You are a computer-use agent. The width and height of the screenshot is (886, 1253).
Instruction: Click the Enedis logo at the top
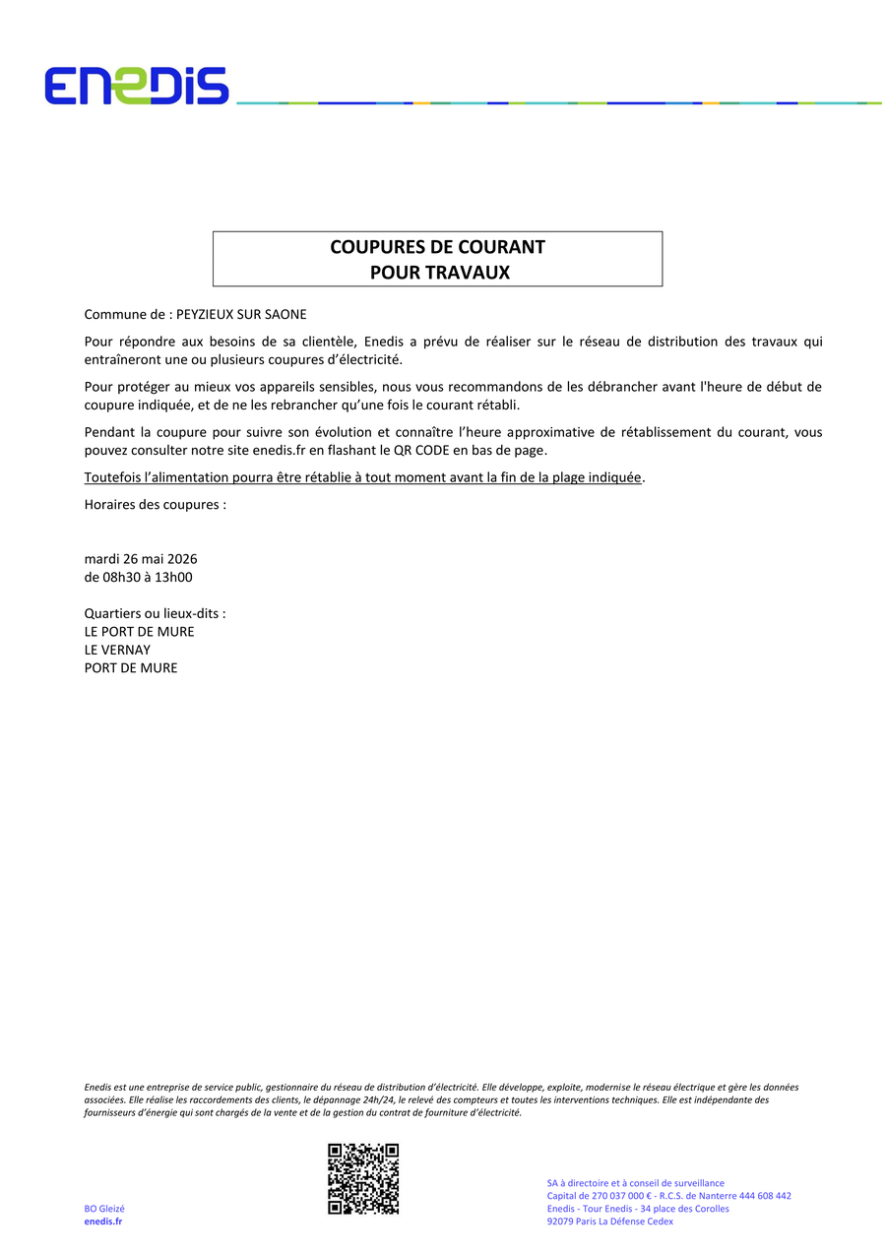(x=136, y=87)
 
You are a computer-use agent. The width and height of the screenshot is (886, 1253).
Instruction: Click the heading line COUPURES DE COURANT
(x=437, y=247)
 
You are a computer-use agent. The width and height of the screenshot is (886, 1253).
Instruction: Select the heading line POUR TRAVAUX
(x=439, y=273)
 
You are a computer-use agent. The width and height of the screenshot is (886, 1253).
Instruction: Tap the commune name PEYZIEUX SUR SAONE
(x=241, y=315)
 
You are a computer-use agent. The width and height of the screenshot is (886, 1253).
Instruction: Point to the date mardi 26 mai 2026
(x=141, y=559)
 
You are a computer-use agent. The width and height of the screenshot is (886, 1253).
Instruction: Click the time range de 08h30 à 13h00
(x=138, y=578)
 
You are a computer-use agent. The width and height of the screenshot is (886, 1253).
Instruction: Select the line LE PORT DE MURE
(x=139, y=632)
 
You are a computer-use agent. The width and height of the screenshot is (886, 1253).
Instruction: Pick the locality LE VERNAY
(x=117, y=650)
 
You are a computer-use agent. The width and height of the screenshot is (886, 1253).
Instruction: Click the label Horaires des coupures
(x=155, y=505)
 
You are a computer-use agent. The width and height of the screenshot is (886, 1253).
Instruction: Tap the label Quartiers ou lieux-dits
(x=155, y=613)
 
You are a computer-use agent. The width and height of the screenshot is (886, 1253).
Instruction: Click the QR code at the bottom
(x=363, y=1178)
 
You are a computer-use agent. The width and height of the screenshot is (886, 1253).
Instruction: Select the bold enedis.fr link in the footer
(x=103, y=1222)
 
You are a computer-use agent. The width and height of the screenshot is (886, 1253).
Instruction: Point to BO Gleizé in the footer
(x=104, y=1209)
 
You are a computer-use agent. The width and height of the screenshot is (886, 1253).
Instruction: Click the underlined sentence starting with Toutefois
(x=362, y=478)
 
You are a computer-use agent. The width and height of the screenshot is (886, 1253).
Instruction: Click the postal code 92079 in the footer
(x=561, y=1222)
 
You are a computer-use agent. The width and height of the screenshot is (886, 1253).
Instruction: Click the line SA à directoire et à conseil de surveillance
(x=635, y=1183)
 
